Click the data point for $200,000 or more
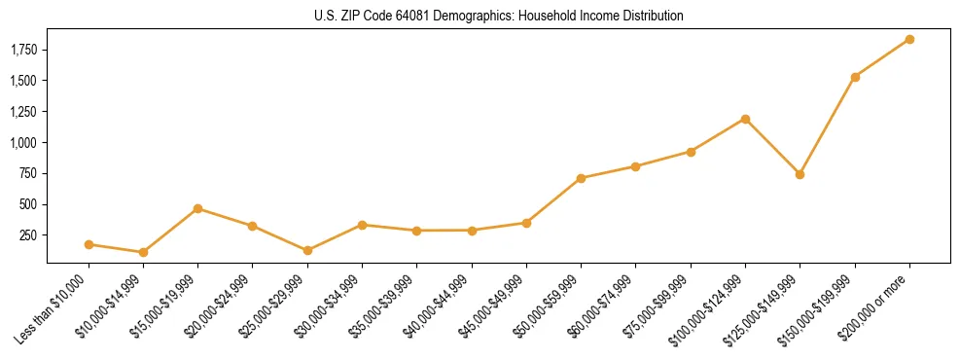909,39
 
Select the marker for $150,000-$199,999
855,77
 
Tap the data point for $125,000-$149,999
800,174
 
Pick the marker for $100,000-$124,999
745,119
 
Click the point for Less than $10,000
89,244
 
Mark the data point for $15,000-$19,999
197,208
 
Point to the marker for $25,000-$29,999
307,250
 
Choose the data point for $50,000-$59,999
581,178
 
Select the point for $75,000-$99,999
691,152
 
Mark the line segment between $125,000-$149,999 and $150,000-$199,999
828,126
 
